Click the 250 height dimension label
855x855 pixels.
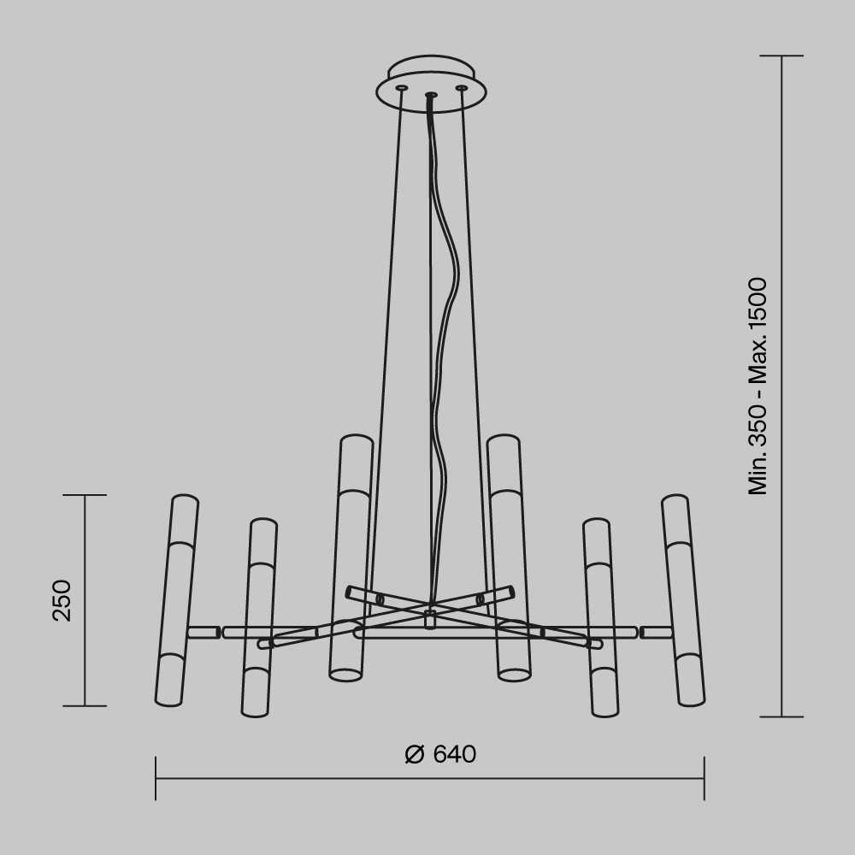pyautogui.click(x=62, y=600)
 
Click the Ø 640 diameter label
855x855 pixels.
pyautogui.click(x=440, y=754)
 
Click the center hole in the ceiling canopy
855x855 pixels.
pyautogui.click(x=431, y=94)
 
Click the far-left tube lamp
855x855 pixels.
pyautogui.click(x=177, y=598)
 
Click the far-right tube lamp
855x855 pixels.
pyautogui.click(x=683, y=598)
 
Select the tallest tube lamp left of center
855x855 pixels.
pyautogui.click(x=351, y=556)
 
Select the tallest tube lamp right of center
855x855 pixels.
pyautogui.click(x=509, y=556)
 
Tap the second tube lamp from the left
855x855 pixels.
pyautogui.click(x=258, y=616)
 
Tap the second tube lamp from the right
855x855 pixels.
pyautogui.click(x=601, y=616)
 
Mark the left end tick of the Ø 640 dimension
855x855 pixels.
pyautogui.click(x=156, y=778)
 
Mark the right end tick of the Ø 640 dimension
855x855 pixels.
pyautogui.click(x=704, y=778)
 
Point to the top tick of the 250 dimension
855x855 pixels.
pyautogui.click(x=85, y=495)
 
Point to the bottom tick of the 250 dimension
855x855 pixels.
pyautogui.click(x=85, y=706)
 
